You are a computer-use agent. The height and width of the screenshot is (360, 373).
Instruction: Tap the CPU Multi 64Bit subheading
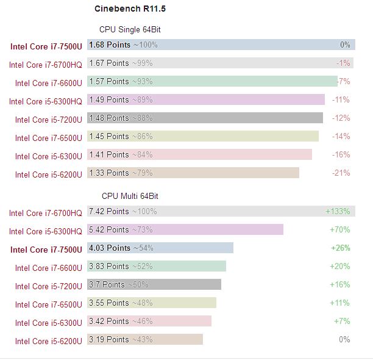click(x=130, y=196)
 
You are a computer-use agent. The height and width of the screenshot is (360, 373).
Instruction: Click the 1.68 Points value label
click(x=109, y=45)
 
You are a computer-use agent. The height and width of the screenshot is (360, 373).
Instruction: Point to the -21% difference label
click(x=341, y=173)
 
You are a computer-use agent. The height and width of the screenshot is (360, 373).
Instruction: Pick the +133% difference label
click(x=338, y=211)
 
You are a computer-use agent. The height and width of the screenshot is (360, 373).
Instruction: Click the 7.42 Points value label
click(x=109, y=211)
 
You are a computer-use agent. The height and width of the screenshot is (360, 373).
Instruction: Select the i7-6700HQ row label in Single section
click(x=45, y=65)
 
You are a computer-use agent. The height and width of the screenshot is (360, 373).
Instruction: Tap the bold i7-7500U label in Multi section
click(x=46, y=250)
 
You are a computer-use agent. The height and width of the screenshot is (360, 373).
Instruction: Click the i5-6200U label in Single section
click(x=48, y=175)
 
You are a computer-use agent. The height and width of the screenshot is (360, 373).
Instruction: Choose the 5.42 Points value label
click(x=109, y=229)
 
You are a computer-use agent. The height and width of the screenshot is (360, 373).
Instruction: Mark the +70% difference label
click(x=339, y=229)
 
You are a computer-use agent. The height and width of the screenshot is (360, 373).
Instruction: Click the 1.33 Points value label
click(x=109, y=173)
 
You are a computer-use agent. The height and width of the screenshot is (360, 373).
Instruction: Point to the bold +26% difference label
click(x=339, y=248)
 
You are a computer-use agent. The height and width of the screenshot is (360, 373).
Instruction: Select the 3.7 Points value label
click(x=107, y=284)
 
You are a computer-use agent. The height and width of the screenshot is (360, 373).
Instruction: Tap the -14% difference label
click(x=341, y=136)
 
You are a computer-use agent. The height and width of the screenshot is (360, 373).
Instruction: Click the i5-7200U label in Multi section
click(x=48, y=286)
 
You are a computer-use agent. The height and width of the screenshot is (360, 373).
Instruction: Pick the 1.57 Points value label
click(x=109, y=81)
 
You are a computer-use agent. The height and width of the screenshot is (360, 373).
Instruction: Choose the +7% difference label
click(x=342, y=321)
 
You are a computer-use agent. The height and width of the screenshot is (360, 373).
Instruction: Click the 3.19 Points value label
click(x=109, y=339)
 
